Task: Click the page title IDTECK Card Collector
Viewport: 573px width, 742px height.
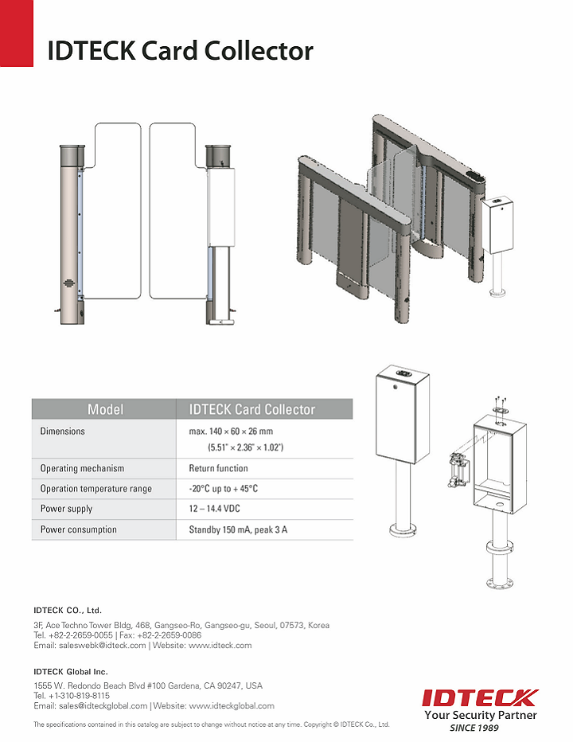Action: pos(180,51)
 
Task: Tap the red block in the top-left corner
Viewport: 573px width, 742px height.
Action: pos(16,33)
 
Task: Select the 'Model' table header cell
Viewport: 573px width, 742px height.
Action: pos(104,409)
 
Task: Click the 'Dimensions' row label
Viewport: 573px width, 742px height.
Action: pos(62,431)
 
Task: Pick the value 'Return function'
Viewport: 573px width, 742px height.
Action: pos(218,468)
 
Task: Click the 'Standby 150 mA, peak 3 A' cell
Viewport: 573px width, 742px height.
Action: pos(238,529)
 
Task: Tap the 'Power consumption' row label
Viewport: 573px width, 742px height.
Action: pos(78,529)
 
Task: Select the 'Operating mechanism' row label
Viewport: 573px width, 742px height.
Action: pos(82,468)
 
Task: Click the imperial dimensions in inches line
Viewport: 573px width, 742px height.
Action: pos(245,447)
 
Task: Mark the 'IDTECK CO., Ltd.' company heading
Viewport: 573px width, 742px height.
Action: pos(68,611)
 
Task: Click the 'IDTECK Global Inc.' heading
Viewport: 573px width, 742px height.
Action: pos(71,672)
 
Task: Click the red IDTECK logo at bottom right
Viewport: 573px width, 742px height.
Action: pos(480,698)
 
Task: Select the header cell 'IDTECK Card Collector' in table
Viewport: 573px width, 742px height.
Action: pos(252,409)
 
